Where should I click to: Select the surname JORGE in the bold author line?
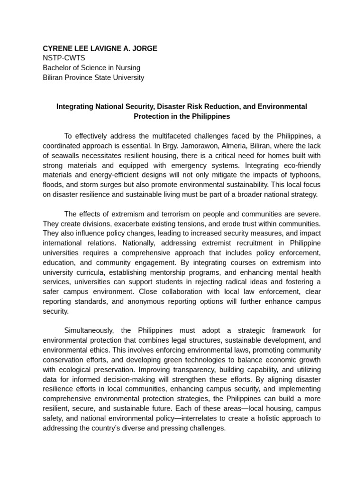(x=145, y=48)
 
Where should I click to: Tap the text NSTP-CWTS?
(x=64, y=58)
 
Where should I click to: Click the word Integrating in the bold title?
(x=75, y=107)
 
